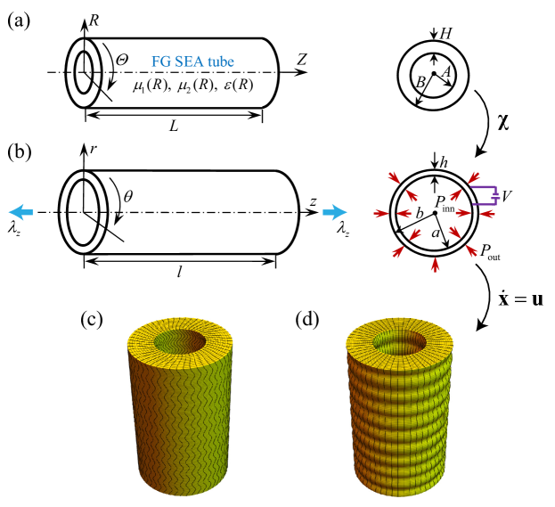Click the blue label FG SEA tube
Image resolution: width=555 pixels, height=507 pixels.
(x=192, y=62)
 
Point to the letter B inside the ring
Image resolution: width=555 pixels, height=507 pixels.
(x=420, y=83)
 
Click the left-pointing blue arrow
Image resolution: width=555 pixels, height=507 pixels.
(x=21, y=212)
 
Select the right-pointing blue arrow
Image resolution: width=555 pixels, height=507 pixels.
(x=335, y=212)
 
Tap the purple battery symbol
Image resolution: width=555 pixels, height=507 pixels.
(x=486, y=195)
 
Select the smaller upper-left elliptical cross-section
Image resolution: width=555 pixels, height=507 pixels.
(x=84, y=71)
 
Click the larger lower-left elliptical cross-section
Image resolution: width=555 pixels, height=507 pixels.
(x=84, y=212)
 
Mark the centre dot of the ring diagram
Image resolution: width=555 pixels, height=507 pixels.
(x=434, y=73)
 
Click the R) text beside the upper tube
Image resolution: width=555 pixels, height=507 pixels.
(x=243, y=85)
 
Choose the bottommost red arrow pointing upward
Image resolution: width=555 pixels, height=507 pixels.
(x=435, y=264)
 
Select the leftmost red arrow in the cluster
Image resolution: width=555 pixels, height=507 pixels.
(x=381, y=213)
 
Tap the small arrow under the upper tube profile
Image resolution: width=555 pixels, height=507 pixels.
(x=254, y=113)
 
